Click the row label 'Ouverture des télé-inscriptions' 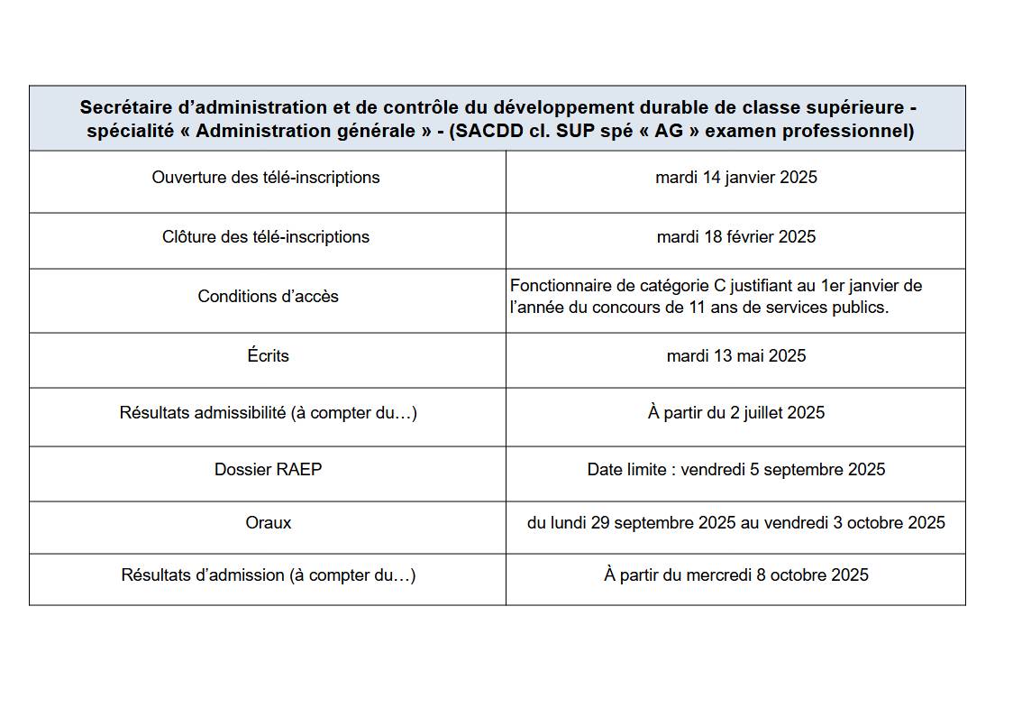[266, 178]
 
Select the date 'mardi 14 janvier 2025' [735, 178]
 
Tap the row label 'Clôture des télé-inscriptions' [266, 237]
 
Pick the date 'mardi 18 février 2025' [735, 237]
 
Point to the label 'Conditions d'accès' [268, 297]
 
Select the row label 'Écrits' [268, 356]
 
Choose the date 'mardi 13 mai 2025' [735, 356]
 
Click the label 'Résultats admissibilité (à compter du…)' [268, 413]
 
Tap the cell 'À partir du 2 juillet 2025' [735, 413]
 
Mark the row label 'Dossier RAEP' [268, 470]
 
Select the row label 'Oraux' [268, 523]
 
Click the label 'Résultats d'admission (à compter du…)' [268, 575]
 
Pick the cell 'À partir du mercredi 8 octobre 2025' [735, 575]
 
